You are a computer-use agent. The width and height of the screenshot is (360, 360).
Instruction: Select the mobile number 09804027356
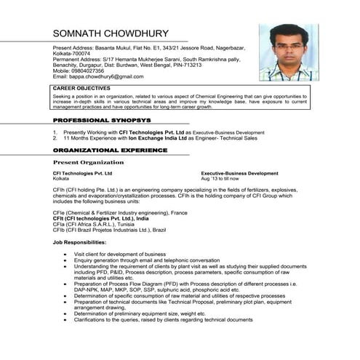pos(89,70)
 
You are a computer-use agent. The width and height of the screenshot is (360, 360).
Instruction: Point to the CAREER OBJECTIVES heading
pos(81,88)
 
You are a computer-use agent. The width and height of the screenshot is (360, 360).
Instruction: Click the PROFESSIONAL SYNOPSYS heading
pos(102,119)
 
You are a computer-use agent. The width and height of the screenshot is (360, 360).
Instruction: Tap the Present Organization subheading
pos(88,162)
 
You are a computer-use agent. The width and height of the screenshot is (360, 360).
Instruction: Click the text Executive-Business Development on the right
pos(239,174)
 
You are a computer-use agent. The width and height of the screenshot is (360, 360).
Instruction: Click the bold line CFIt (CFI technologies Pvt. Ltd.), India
pos(100,218)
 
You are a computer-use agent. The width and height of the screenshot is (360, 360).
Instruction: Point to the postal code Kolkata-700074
pos(74,52)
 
